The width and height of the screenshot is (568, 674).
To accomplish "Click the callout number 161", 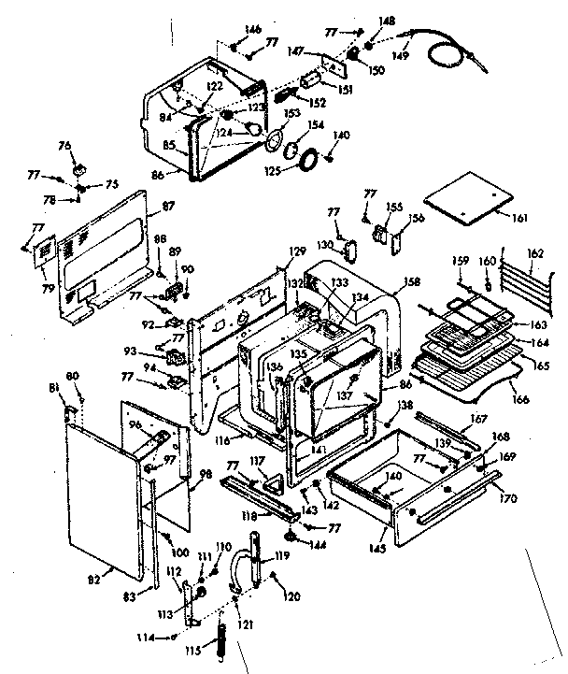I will tap(520, 218).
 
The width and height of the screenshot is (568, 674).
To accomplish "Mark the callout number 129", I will tap(297, 251).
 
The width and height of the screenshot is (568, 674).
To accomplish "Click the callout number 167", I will tap(479, 419).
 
